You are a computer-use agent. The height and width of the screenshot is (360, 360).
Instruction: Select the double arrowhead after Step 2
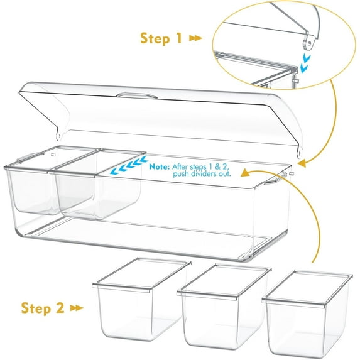coord(77,308)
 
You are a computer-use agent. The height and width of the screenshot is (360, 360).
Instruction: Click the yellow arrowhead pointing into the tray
coord(244,170)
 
